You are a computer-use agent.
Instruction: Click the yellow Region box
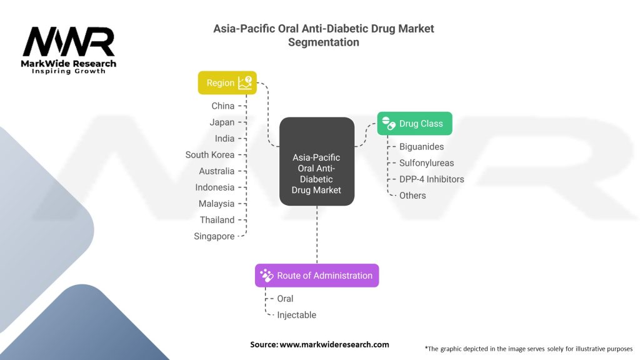click(227, 83)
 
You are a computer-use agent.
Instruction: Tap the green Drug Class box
click(414, 124)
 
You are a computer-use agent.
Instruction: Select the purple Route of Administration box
click(317, 276)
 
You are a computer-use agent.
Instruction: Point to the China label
click(222, 106)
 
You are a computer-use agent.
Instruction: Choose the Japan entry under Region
click(222, 122)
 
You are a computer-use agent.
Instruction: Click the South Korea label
click(210, 155)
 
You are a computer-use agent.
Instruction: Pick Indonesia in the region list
click(214, 187)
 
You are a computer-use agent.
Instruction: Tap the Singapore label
click(214, 236)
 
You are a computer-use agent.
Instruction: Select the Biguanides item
click(421, 147)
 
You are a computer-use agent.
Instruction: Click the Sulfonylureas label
click(427, 163)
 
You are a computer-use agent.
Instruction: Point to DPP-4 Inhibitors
click(432, 179)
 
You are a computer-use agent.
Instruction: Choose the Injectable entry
click(296, 315)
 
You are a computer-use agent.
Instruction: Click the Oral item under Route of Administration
click(285, 299)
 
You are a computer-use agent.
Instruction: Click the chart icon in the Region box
click(246, 83)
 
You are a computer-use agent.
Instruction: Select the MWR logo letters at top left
click(69, 42)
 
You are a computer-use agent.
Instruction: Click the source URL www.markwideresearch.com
click(334, 344)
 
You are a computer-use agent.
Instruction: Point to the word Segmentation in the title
click(324, 42)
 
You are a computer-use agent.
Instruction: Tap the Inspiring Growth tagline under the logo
click(69, 71)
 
